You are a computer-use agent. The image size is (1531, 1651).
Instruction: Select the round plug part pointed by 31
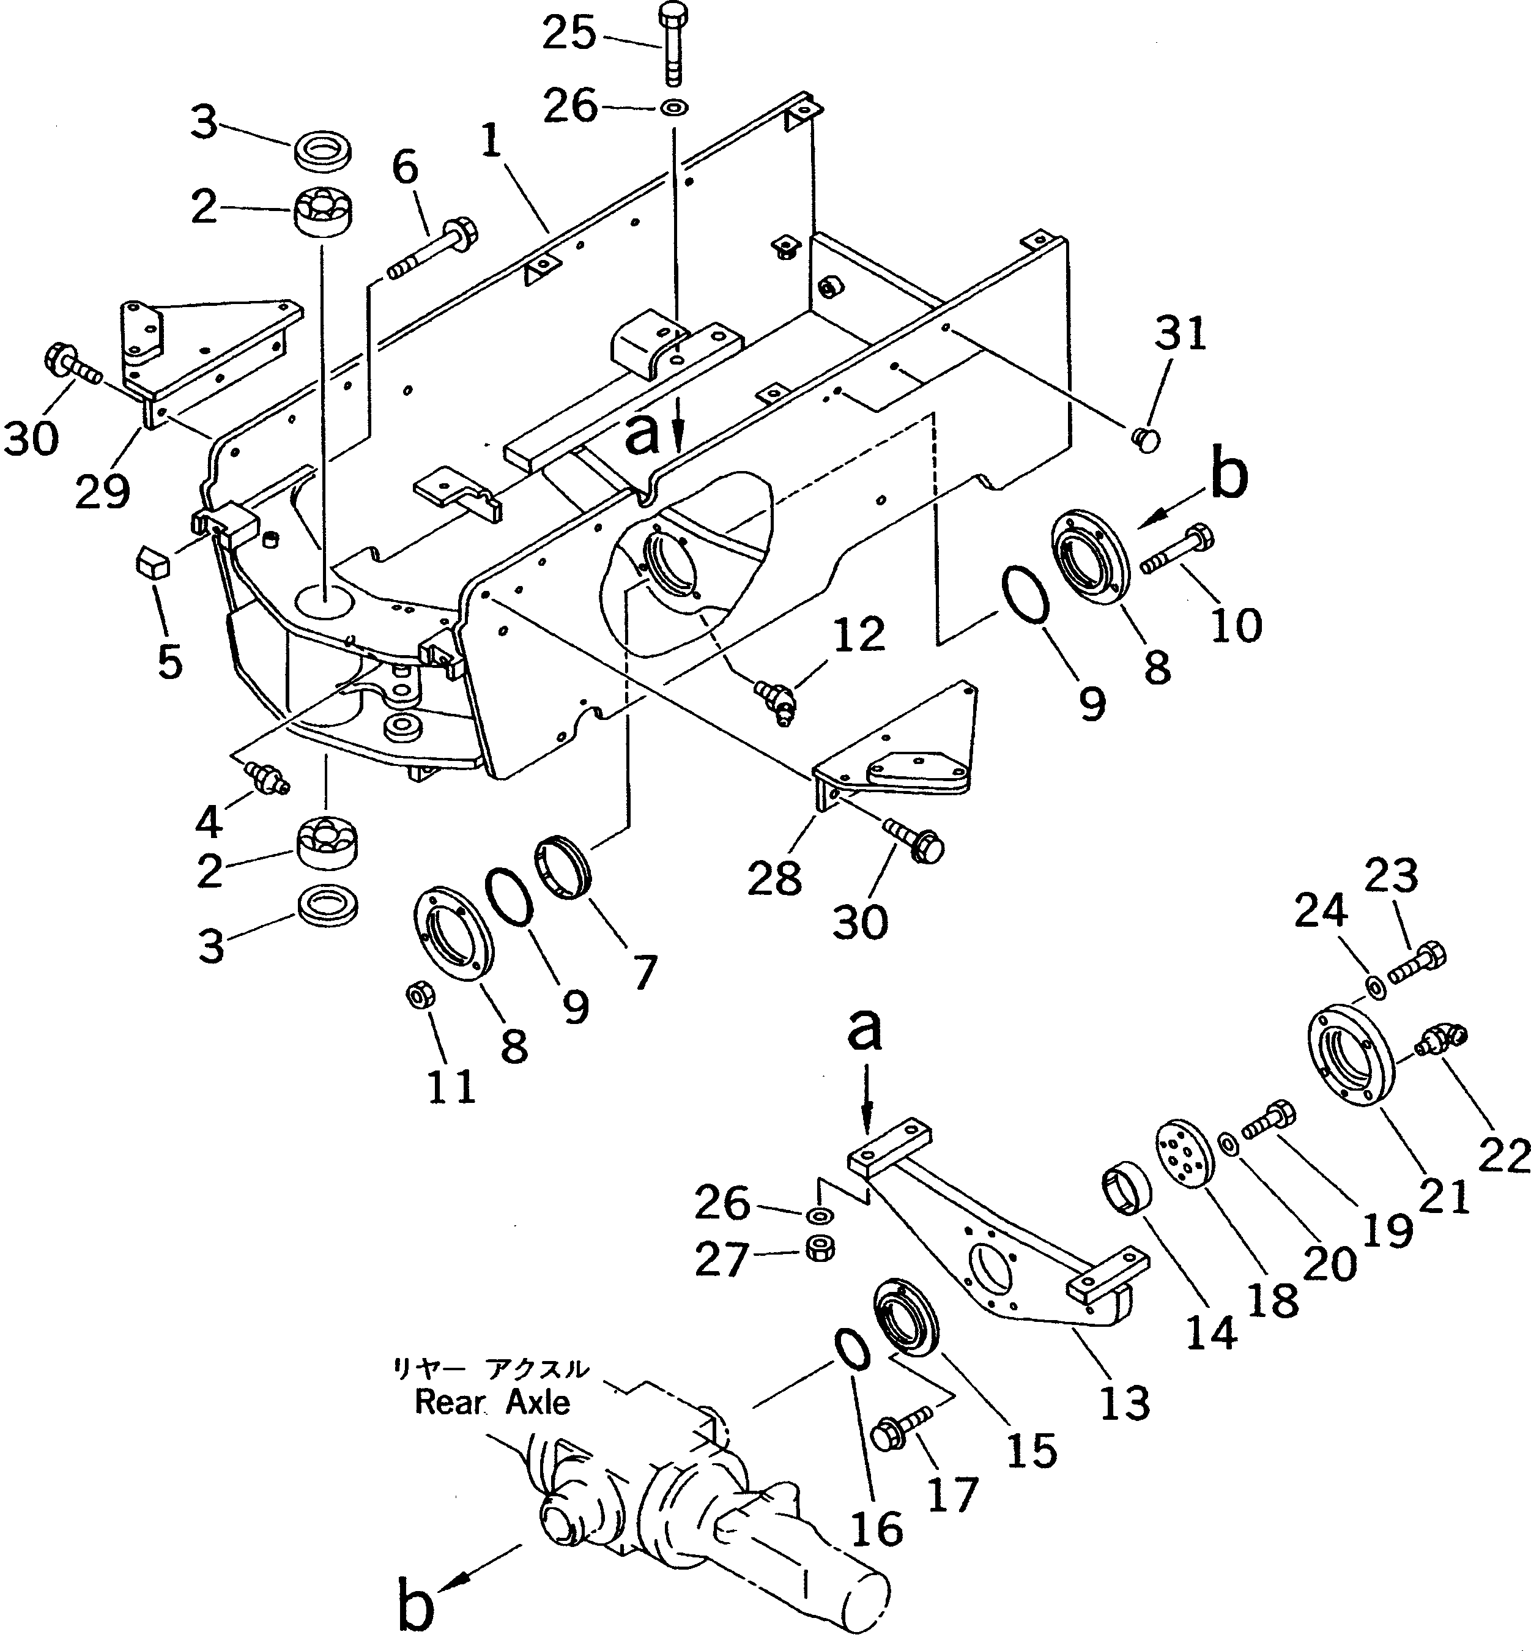click(1145, 438)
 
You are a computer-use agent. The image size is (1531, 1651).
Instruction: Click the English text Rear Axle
click(492, 1403)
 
